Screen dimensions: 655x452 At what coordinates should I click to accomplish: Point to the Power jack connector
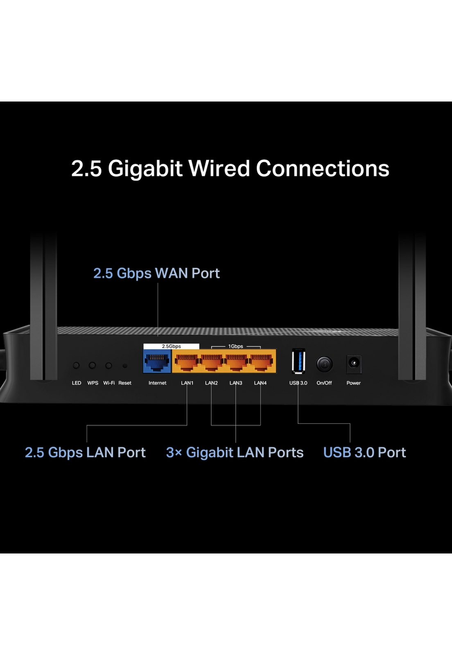pos(353,363)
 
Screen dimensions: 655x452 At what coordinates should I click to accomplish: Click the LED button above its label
pos(76,365)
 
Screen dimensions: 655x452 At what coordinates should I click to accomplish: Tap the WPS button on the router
pos(93,365)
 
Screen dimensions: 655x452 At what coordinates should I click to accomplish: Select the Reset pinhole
pos(125,366)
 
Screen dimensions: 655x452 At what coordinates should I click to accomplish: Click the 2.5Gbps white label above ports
pos(171,346)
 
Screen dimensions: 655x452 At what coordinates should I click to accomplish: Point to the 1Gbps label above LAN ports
pos(235,346)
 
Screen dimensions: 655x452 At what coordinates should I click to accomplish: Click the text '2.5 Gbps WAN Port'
pos(156,273)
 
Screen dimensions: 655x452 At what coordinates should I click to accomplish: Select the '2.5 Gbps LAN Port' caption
pos(85,452)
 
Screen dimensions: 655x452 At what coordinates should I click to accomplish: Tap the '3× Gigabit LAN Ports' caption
pos(235,452)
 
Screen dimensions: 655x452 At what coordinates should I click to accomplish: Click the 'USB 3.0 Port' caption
pos(364,452)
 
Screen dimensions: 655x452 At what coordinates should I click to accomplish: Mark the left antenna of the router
pos(43,307)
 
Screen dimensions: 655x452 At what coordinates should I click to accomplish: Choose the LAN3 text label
pos(236,383)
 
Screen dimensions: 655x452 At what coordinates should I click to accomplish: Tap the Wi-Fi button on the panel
pos(108,365)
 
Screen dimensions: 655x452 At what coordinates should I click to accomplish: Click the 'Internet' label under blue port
pos(157,383)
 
